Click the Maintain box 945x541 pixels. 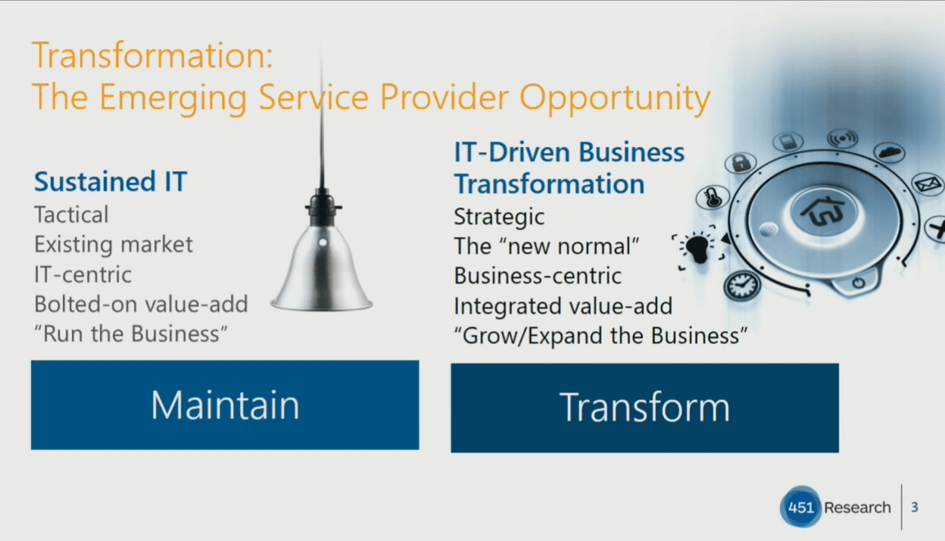pos(225,405)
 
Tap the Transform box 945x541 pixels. pos(644,408)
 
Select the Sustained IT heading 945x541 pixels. pos(111,181)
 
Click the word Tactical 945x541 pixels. pos(71,214)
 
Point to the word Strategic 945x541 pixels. pos(499,217)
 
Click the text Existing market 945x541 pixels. pos(114,244)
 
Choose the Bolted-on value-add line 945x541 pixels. pos(141,304)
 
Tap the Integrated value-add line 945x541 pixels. pos(563,306)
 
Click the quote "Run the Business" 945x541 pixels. pos(131,334)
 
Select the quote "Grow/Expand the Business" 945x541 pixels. pos(600,336)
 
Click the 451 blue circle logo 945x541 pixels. pos(800,507)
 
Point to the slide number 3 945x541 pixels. pos(915,507)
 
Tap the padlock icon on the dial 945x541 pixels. pos(741,163)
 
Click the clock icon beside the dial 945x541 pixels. pos(742,285)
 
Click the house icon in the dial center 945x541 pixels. pos(822,211)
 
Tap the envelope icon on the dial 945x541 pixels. pos(926,184)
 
